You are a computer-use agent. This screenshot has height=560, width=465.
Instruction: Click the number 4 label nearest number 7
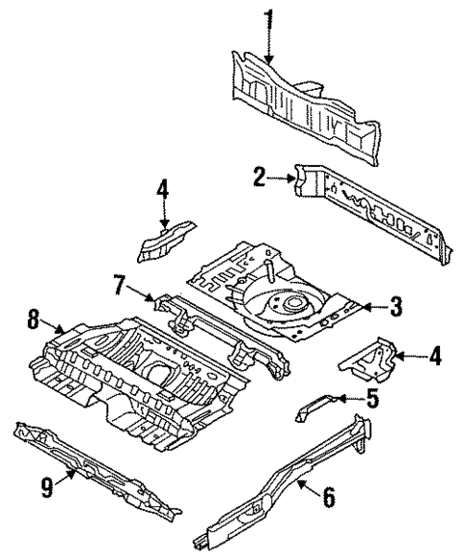tap(163, 191)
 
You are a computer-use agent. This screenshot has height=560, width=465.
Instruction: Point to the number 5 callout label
tap(374, 398)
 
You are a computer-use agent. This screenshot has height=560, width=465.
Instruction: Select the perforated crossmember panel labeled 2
tap(384, 216)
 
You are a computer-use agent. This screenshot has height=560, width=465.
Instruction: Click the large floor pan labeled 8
tap(134, 374)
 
